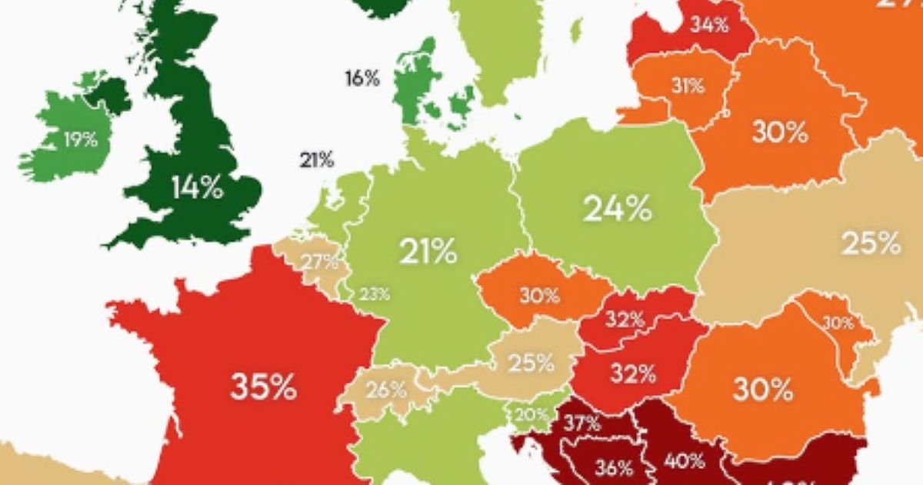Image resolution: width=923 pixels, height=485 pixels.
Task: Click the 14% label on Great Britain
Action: [197, 187]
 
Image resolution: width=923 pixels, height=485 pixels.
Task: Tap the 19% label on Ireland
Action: [81, 140]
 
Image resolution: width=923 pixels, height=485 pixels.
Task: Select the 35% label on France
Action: [263, 387]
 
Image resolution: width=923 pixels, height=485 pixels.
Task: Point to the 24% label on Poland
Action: [618, 209]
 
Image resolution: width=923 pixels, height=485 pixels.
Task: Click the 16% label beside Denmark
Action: [362, 78]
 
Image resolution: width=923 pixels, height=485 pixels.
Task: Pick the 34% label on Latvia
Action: [708, 25]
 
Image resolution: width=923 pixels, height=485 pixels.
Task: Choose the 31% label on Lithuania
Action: [687, 86]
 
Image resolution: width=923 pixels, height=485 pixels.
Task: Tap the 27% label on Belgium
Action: [320, 261]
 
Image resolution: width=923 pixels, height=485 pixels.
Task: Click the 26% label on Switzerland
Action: [386, 390]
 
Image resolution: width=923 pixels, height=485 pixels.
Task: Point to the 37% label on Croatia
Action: [581, 423]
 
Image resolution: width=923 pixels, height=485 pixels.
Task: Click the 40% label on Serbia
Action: [685, 461]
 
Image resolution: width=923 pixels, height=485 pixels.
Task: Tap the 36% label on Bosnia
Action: [614, 467]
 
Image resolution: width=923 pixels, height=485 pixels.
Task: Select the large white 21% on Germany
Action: [428, 251]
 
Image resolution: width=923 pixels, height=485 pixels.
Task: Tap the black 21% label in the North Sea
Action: [317, 160]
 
